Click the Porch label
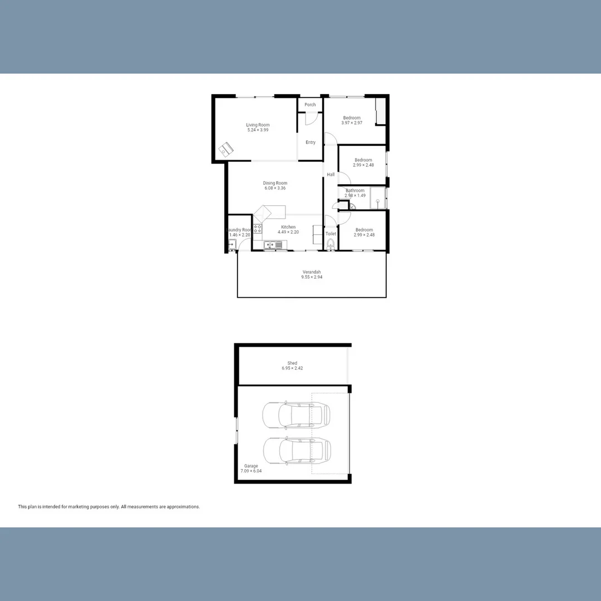(x=310, y=105)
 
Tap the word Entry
(x=311, y=142)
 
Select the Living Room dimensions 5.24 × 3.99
(x=258, y=130)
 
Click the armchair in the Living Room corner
(x=225, y=149)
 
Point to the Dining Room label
(x=275, y=183)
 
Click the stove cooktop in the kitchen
(x=258, y=228)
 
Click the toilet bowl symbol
(x=331, y=244)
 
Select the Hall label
(x=331, y=175)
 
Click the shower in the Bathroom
(x=378, y=198)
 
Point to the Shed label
(x=292, y=363)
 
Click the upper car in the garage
(x=296, y=415)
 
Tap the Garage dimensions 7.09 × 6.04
(x=251, y=471)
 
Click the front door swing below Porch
(x=311, y=119)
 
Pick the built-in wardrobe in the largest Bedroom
(x=380, y=111)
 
